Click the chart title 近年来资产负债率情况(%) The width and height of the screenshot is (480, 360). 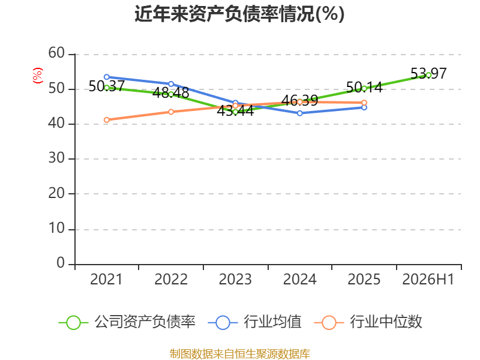(x=239, y=14)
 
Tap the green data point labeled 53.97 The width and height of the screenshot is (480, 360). (x=428, y=75)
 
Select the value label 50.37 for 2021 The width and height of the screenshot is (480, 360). (x=107, y=86)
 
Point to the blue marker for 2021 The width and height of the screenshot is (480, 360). (x=107, y=77)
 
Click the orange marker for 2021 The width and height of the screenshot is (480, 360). (x=107, y=120)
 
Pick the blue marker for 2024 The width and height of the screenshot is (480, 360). (x=299, y=113)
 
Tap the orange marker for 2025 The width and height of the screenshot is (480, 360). (x=364, y=103)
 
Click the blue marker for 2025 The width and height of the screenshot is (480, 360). (x=364, y=107)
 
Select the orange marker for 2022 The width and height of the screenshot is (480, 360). (x=171, y=112)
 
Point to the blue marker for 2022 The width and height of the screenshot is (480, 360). (x=171, y=84)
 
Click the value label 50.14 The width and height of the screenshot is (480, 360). (x=364, y=87)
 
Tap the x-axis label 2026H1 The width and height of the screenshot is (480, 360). (x=428, y=280)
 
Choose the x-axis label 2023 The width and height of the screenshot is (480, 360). (x=235, y=280)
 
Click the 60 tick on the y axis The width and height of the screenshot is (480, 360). (x=56, y=53)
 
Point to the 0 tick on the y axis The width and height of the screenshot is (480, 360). (x=61, y=263)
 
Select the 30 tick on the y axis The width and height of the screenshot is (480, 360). (x=56, y=158)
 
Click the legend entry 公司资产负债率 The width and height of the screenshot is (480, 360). (x=127, y=322)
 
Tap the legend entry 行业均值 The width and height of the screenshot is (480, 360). (x=254, y=322)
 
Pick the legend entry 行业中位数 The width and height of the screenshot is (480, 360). (x=368, y=322)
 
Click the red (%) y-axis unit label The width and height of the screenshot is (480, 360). (x=38, y=76)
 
